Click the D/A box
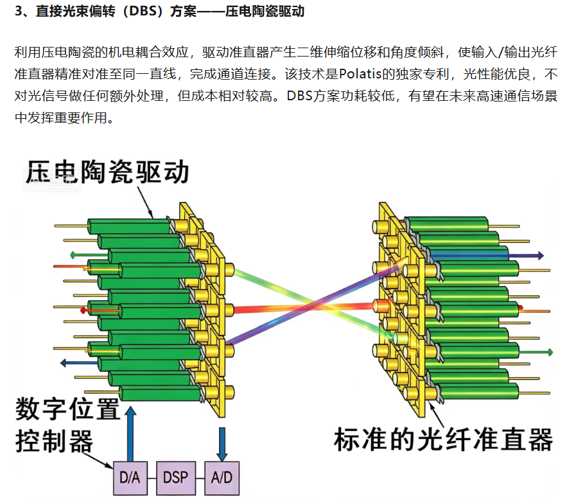coord(130,478)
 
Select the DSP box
coord(176,478)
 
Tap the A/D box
coord(222,478)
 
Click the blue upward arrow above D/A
coord(130,434)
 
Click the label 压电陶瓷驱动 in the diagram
coord(107,172)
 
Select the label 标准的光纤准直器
coord(443,439)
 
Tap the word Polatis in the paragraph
coord(360,74)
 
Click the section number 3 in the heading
coord(19,12)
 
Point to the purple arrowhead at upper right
coord(540,256)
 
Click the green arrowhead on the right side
coord(550,352)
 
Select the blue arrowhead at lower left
coord(64,362)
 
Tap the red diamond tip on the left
coord(83,310)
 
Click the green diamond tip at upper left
coord(73,255)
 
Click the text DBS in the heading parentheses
coord(143,12)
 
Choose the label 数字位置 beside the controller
coord(67,409)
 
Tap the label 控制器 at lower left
coord(54,441)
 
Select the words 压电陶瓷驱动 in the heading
coord(265,12)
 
